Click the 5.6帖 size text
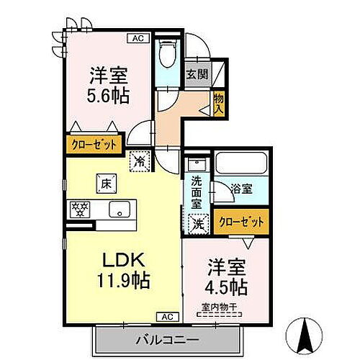(x=109, y=96)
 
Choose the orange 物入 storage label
(x=218, y=103)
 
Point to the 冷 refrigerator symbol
(x=139, y=161)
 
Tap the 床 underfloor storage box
(x=104, y=184)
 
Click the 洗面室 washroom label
(x=196, y=193)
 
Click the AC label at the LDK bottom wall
(x=166, y=316)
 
